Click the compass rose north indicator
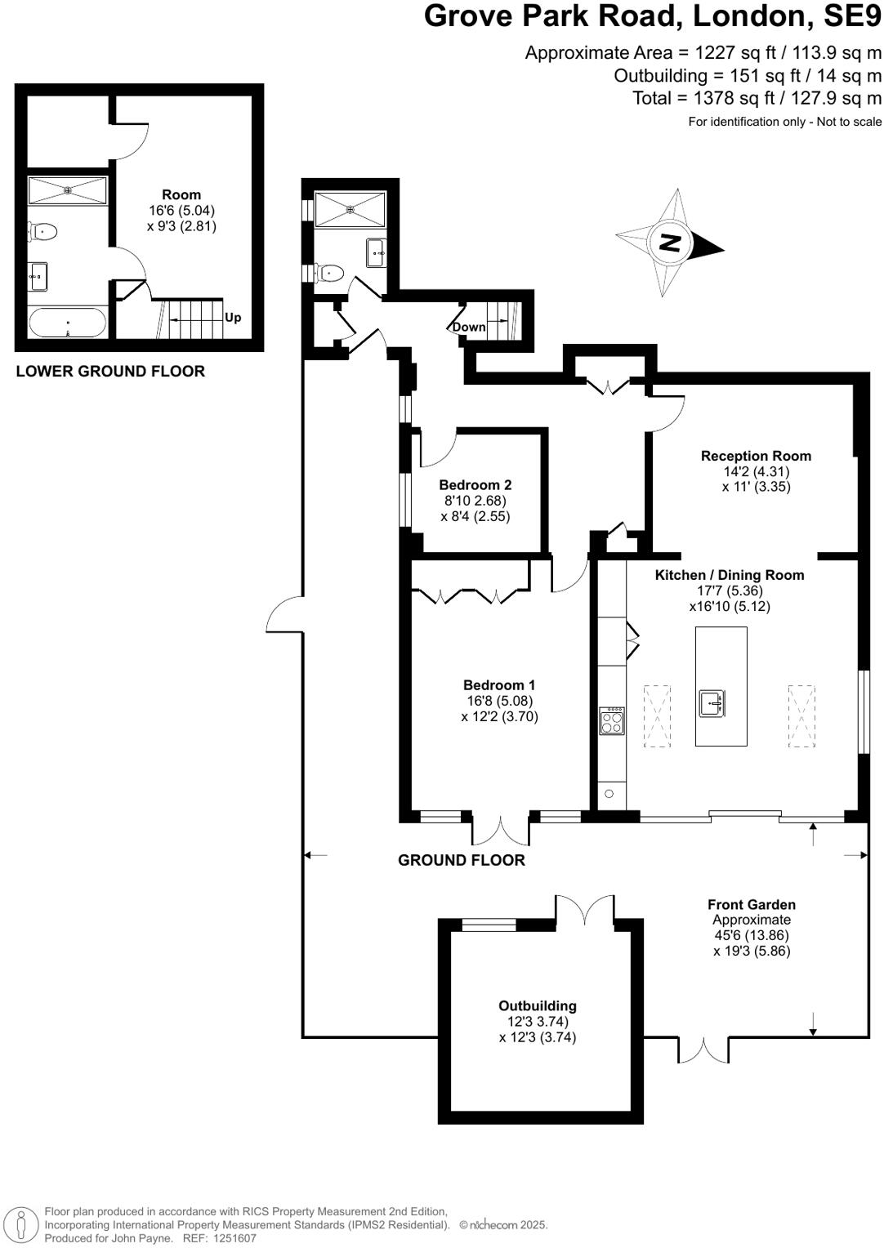point(670,243)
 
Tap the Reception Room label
point(756,456)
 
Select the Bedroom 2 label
point(475,485)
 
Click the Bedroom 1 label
point(498,685)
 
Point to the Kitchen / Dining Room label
point(729,575)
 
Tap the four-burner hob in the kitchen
point(612,721)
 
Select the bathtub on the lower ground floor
point(67,323)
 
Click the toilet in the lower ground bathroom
point(42,233)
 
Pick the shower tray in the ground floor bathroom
point(350,209)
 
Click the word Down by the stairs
point(469,327)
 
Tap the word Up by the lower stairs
point(233,318)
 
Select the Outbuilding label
point(538,1006)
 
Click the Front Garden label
point(751,904)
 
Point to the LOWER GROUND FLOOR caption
point(110,372)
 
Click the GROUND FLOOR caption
point(461,860)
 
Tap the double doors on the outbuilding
point(584,910)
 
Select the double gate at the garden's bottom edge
point(703,1050)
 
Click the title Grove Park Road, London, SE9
point(652,16)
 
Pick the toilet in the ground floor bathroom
point(332,272)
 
